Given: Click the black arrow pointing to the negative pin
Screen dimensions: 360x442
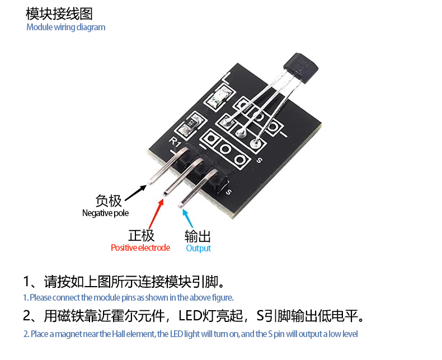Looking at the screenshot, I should click(x=135, y=191).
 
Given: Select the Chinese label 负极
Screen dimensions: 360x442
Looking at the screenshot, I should click(x=108, y=200).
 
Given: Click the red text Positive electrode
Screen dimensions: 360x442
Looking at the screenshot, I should click(x=140, y=247).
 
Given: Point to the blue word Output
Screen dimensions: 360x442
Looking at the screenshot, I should click(x=198, y=248).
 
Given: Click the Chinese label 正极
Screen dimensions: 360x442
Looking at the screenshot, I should click(x=141, y=235).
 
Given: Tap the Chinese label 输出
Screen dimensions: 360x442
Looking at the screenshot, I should click(x=198, y=236).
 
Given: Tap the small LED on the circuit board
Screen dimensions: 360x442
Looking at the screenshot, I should click(x=215, y=100).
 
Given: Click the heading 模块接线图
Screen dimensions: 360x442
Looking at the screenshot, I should click(x=59, y=13).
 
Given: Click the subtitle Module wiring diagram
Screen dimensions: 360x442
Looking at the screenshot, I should click(x=65, y=27).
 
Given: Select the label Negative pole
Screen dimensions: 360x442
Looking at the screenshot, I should click(x=105, y=213).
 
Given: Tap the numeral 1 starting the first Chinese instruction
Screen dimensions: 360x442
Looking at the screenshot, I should click(x=27, y=280).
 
